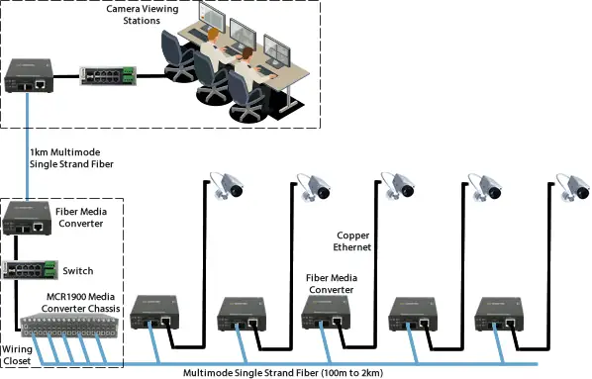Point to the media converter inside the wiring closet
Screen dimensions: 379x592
[27, 218]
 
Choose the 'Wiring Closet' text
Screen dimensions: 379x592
[18, 355]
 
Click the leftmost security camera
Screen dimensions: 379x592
[228, 184]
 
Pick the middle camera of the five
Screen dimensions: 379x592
[397, 184]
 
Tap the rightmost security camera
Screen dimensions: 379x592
[568, 185]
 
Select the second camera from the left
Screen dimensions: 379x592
[314, 185]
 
